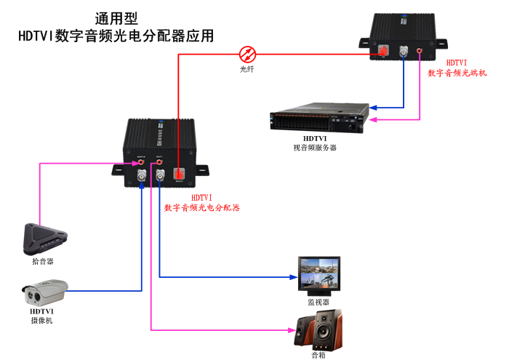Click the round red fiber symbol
pos(248,54)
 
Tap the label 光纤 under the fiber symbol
pos(248,69)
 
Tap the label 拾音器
pos(43,260)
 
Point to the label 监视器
pos(318,301)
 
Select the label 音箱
pos(318,355)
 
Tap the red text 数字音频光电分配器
pos(202,207)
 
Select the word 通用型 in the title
pos(116,18)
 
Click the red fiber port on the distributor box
pos(180,175)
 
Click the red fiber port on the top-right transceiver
pos(382,51)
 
